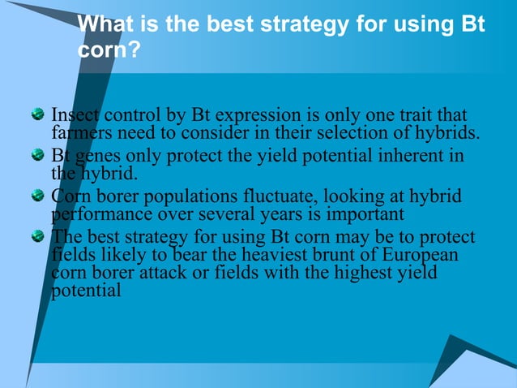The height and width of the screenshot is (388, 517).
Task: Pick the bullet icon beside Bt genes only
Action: pyautogui.click(x=37, y=156)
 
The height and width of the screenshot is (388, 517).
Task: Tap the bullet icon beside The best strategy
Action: pyautogui.click(x=37, y=237)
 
